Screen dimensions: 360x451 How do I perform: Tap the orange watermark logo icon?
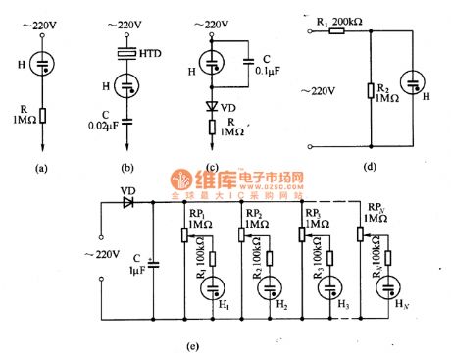pos(182,181)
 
